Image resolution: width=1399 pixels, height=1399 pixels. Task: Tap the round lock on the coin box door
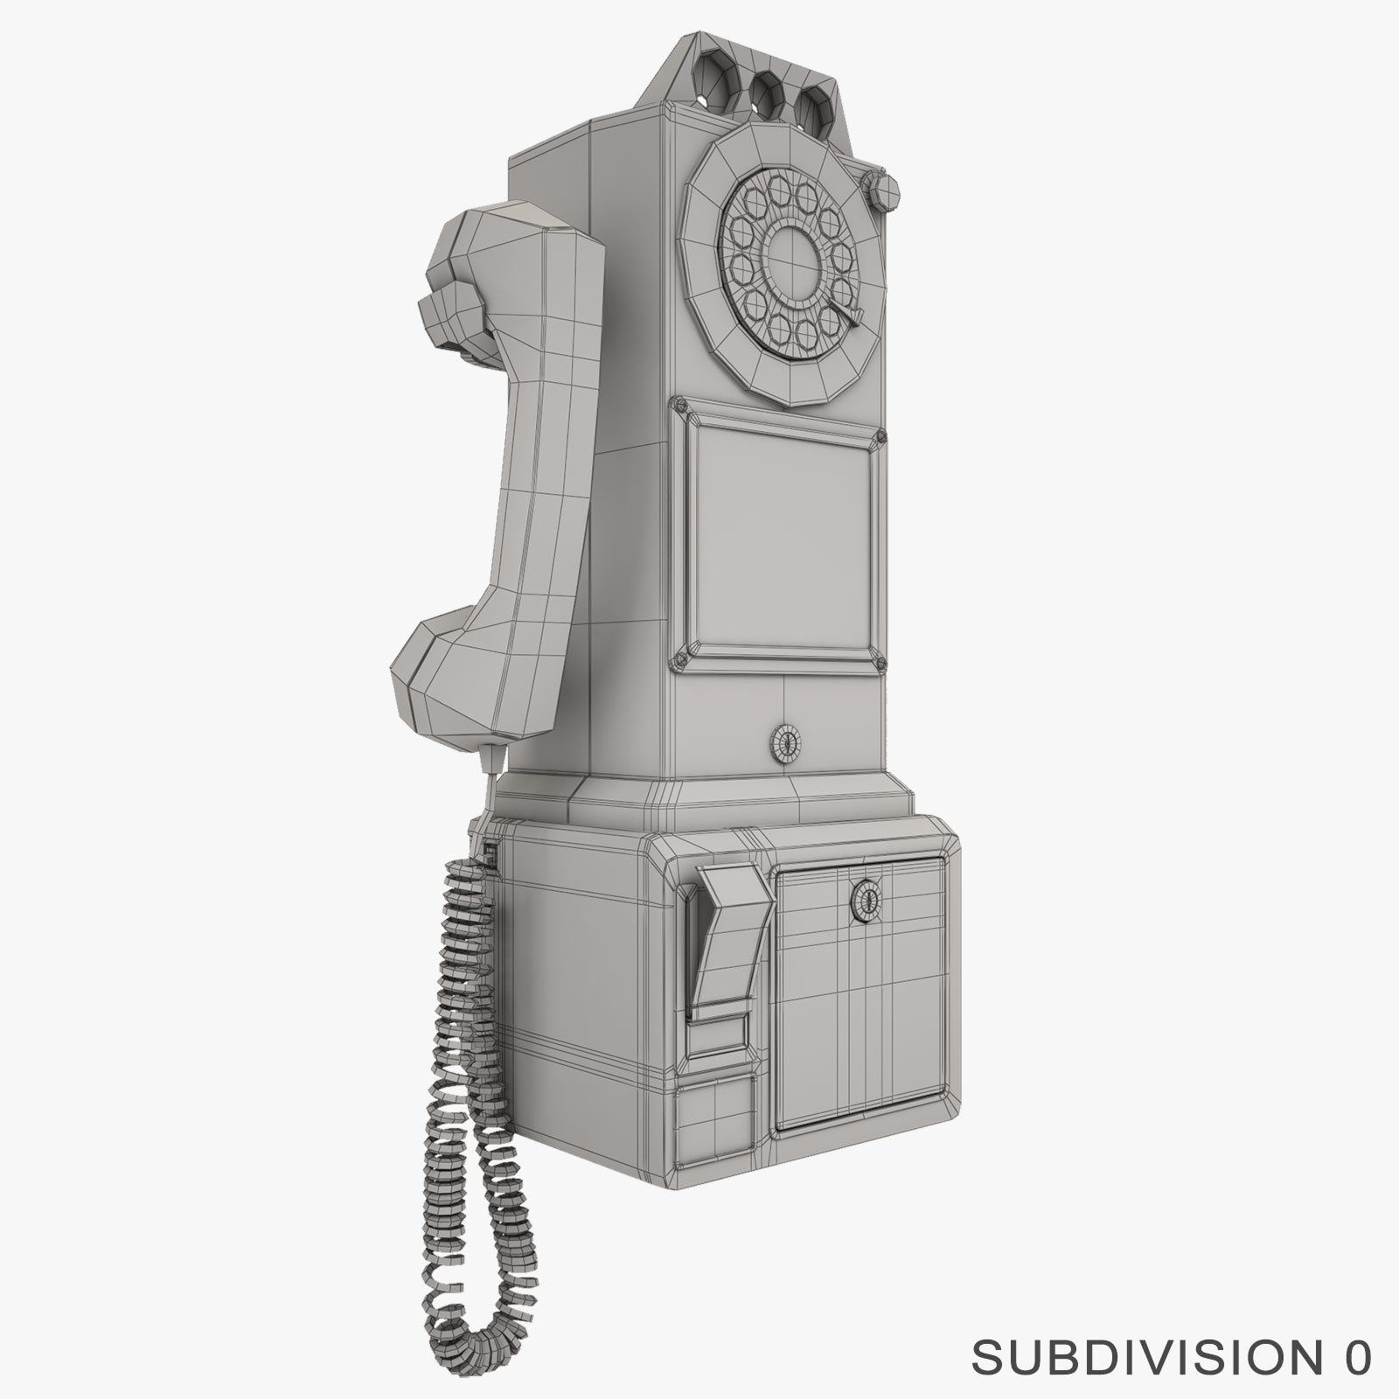(866, 899)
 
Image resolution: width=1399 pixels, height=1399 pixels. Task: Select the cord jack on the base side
(491, 856)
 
